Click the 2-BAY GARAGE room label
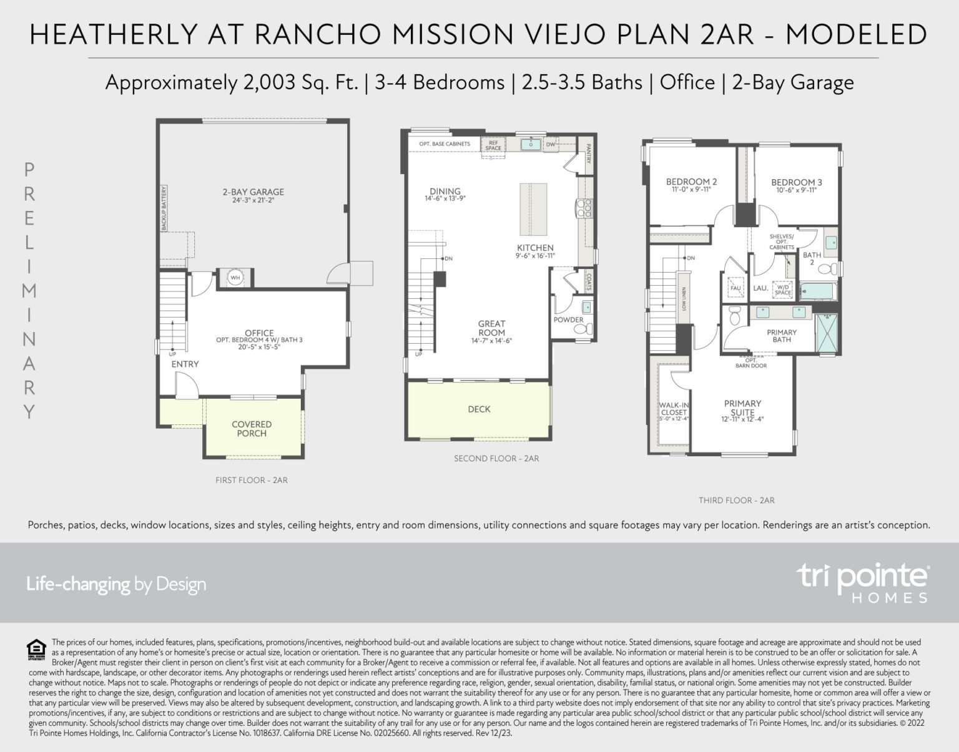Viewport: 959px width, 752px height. point(253,192)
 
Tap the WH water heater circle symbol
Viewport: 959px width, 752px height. point(235,277)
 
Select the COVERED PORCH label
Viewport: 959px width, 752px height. point(252,429)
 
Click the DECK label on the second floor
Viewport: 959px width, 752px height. point(479,409)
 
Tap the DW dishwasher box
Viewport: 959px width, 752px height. point(550,145)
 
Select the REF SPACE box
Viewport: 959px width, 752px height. point(493,145)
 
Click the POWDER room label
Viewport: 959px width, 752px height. point(568,320)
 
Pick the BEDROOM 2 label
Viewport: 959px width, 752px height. point(691,182)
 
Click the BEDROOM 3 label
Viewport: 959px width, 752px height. point(796,183)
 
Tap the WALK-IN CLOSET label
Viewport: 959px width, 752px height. point(673,409)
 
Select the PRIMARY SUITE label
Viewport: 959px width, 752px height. point(742,408)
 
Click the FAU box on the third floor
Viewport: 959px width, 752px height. point(735,287)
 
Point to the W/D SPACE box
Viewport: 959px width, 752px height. point(782,290)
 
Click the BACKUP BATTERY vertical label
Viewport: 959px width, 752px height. point(164,208)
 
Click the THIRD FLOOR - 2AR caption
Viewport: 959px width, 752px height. point(736,501)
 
